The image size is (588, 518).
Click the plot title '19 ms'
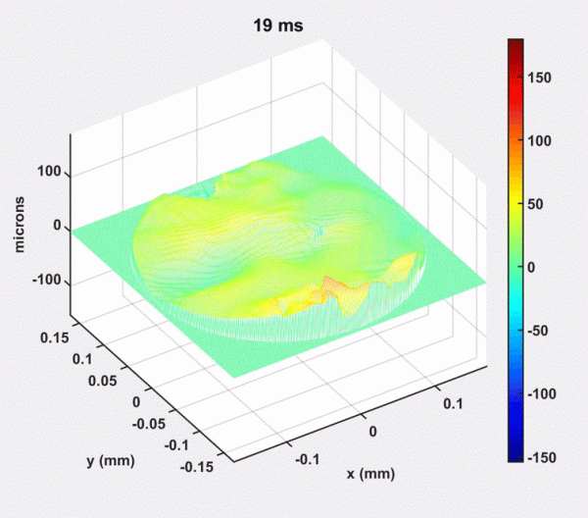tap(277, 26)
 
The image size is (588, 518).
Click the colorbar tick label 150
tap(545, 78)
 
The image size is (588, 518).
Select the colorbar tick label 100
tap(545, 140)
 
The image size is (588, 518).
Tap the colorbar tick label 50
tap(542, 203)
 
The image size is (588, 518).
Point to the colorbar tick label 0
tap(538, 267)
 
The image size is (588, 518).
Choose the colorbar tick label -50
tap(544, 331)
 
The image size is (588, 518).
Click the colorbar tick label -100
tap(548, 393)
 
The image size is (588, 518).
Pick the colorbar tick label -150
tap(548, 457)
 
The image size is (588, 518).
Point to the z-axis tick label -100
tap(47, 283)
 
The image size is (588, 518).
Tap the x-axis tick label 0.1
tap(451, 403)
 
